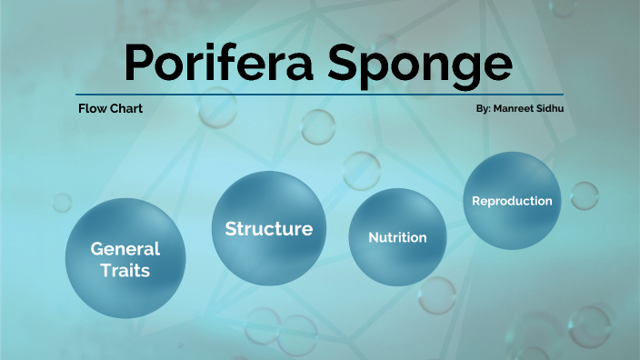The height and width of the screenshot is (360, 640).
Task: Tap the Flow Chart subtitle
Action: (110, 108)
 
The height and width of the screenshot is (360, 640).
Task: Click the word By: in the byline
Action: (483, 108)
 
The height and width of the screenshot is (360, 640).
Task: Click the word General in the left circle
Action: (125, 248)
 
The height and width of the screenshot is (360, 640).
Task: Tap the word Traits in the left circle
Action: (126, 270)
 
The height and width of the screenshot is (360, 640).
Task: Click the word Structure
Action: (269, 228)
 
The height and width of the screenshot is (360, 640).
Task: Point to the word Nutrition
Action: (397, 237)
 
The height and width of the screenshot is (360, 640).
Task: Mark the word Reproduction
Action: (512, 201)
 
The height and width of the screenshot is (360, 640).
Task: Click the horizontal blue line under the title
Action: (319, 95)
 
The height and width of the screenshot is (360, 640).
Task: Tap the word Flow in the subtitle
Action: (92, 108)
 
